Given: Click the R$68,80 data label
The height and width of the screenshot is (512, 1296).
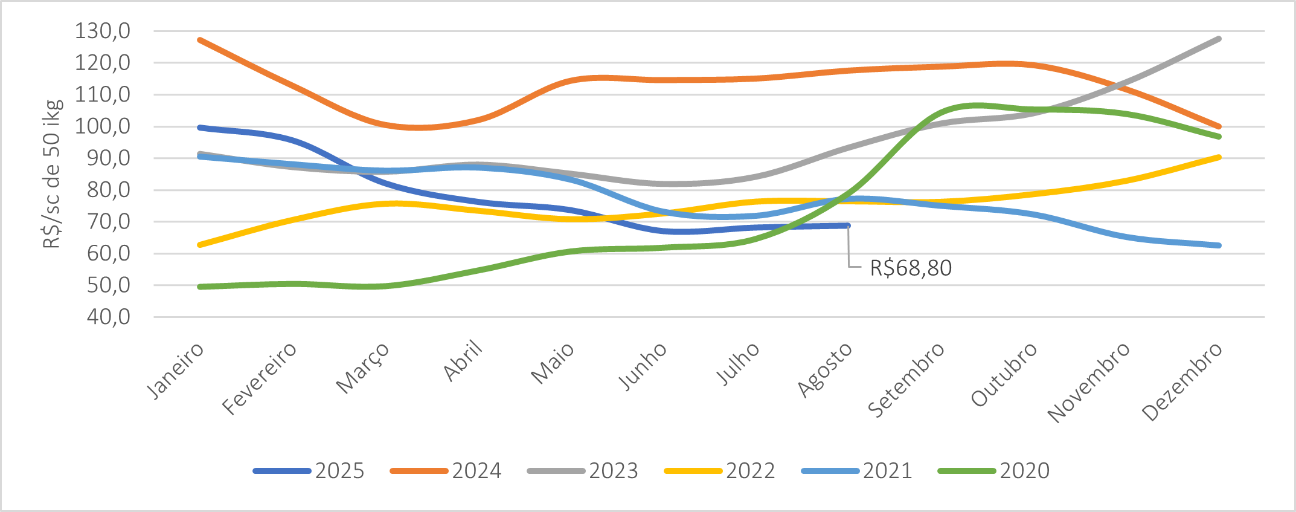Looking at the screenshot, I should (910, 268).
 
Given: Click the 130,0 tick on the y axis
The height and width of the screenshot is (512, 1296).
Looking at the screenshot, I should (103, 31).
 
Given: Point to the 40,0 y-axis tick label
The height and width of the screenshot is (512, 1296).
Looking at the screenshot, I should (109, 317).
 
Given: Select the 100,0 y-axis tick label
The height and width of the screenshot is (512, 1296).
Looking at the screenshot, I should (103, 126).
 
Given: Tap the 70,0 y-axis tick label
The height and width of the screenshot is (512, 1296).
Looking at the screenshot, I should (109, 222).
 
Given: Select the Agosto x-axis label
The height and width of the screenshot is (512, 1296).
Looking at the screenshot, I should (825, 369).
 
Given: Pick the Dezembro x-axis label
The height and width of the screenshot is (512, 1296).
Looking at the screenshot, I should (1182, 381).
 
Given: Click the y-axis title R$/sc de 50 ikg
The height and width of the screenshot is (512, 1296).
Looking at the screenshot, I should (53, 174).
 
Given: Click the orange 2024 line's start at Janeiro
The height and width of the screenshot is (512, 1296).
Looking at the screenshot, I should (200, 40).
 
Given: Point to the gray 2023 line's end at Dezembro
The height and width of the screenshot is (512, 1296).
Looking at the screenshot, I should (1219, 39).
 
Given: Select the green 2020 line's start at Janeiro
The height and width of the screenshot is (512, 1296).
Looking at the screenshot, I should (200, 287).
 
